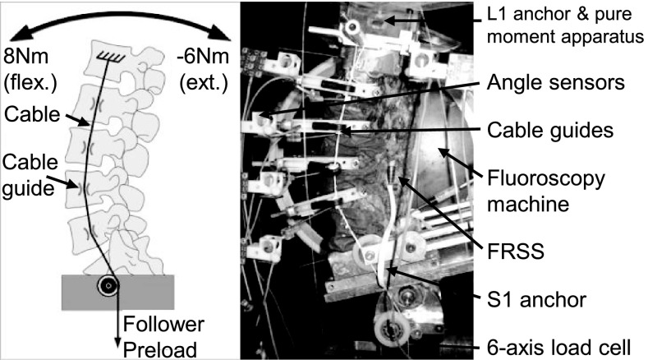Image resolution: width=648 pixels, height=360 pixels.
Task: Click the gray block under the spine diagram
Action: (119, 292)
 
